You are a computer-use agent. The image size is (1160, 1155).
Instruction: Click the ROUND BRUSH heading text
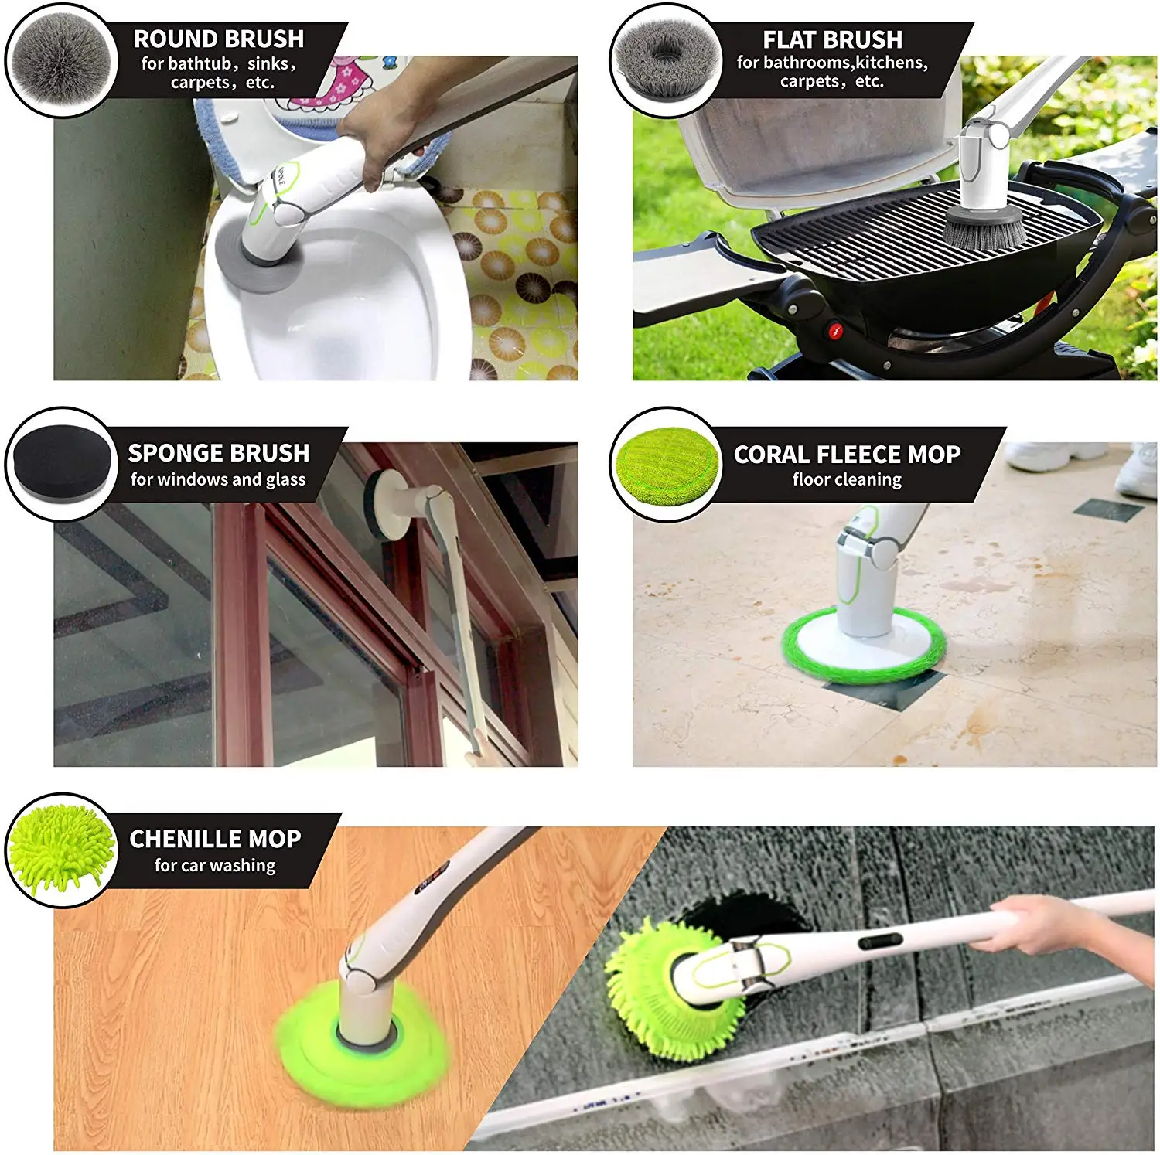pyautogui.click(x=219, y=39)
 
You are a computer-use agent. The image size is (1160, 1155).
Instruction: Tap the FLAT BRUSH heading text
pyautogui.click(x=832, y=39)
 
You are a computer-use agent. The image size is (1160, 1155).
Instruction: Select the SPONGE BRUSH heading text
pyautogui.click(x=219, y=452)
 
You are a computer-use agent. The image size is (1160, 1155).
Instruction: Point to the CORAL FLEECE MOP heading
pyautogui.click(x=847, y=454)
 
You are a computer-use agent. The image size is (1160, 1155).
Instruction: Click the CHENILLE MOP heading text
pyautogui.click(x=215, y=839)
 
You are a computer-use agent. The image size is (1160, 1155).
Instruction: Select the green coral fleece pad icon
pyautogui.click(x=665, y=464)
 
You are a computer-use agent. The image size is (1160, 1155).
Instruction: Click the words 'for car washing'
pyautogui.click(x=215, y=865)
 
